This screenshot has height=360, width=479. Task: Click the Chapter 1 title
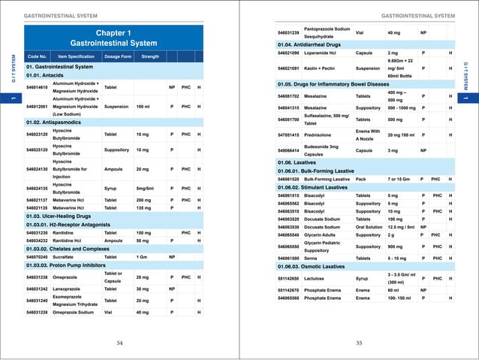click(113, 32)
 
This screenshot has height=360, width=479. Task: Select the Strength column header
click(150, 56)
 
